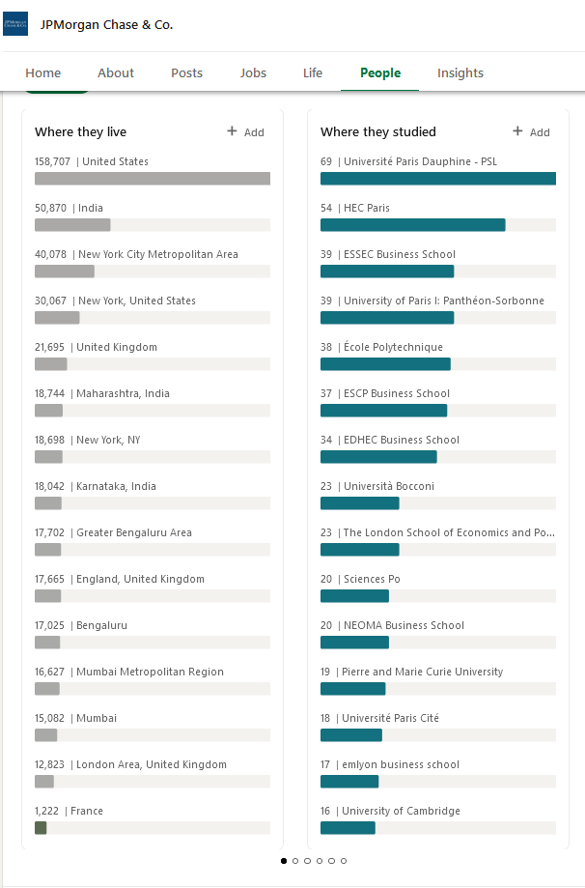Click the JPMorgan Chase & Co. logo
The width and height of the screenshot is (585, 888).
(x=15, y=24)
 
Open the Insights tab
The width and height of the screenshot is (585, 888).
(x=460, y=73)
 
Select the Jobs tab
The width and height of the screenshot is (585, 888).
(x=253, y=73)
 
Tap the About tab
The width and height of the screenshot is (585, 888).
(x=116, y=73)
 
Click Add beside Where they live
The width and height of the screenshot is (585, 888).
(x=245, y=132)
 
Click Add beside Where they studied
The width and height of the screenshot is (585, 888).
(x=531, y=132)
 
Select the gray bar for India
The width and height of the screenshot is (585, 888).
(x=72, y=225)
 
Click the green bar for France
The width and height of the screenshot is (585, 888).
(x=41, y=828)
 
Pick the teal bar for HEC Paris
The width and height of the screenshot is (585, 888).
(x=413, y=225)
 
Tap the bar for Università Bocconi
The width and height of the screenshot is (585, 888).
(x=360, y=502)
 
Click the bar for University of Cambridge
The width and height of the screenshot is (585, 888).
(x=348, y=828)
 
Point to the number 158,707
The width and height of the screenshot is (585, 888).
(x=53, y=161)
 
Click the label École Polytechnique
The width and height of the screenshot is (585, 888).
(x=393, y=347)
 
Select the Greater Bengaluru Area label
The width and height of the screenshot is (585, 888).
(x=134, y=532)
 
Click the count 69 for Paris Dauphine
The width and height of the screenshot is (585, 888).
(x=326, y=161)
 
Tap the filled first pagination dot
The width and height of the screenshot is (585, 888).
(x=284, y=861)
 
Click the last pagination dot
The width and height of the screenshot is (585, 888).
(x=344, y=861)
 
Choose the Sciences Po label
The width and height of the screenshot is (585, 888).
(x=372, y=579)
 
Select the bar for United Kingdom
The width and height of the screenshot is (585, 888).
(x=51, y=364)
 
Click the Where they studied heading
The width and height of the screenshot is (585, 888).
(x=378, y=132)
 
